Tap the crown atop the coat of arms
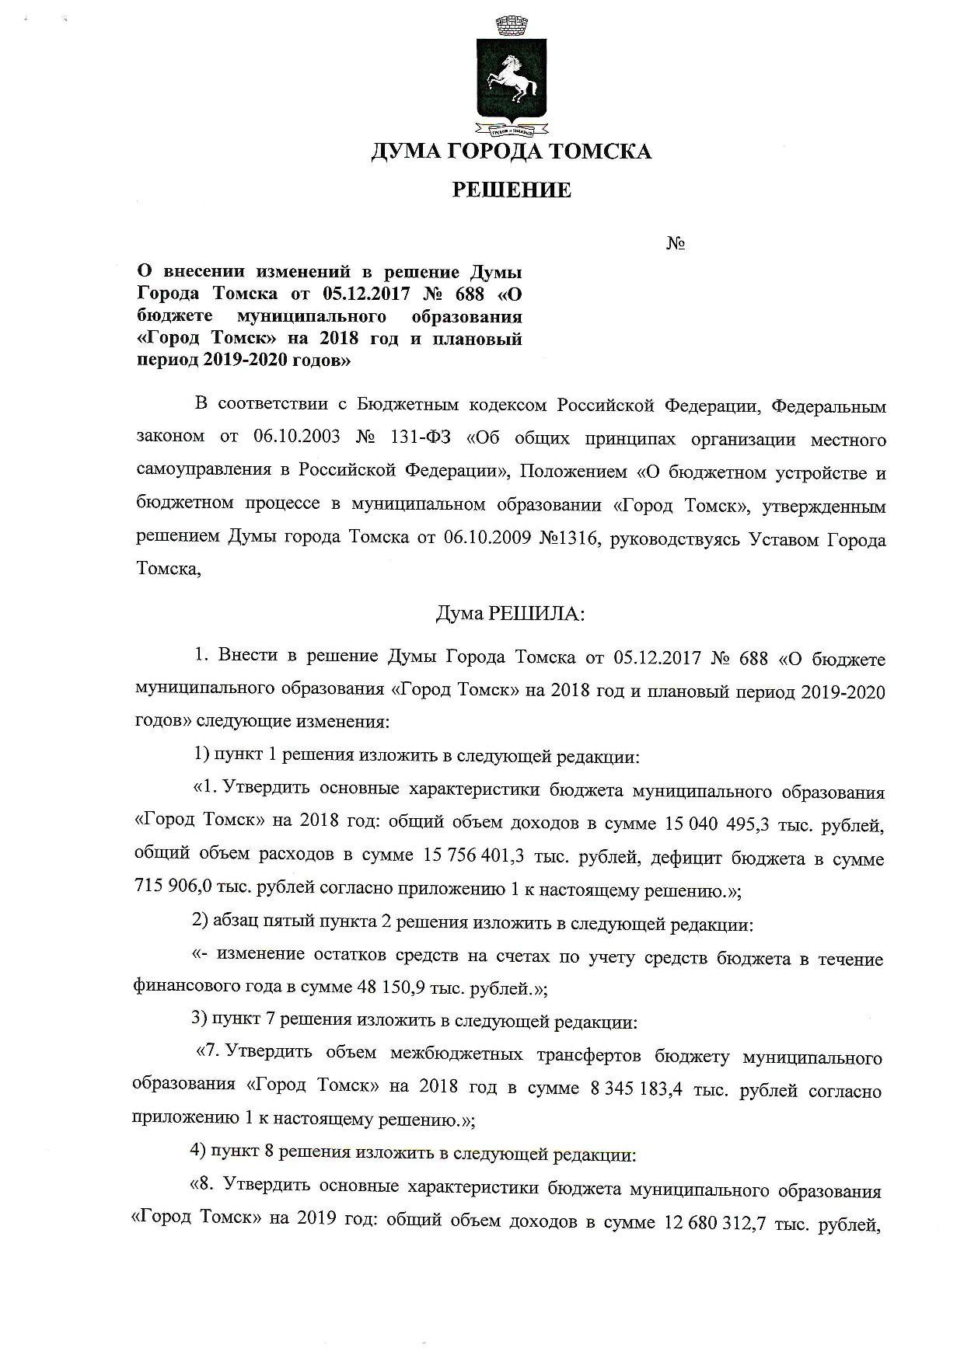click(510, 25)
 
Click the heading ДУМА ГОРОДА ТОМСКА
click(511, 151)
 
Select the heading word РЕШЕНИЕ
click(512, 190)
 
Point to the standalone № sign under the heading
click(675, 244)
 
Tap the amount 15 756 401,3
click(473, 856)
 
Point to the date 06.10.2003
click(296, 437)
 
